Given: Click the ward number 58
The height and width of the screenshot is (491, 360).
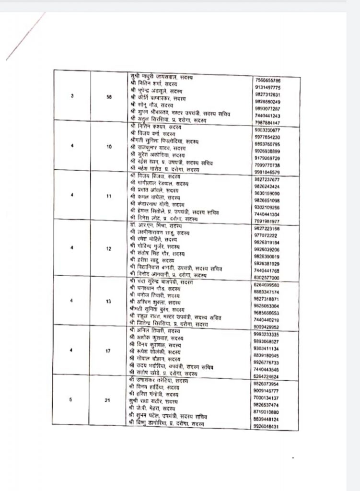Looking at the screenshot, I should [x=109, y=96].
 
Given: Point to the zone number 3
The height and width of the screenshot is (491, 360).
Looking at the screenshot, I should [x=71, y=96].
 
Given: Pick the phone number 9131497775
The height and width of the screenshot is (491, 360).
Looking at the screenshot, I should [x=268, y=88].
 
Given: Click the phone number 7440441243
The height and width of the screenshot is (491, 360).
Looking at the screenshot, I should [x=268, y=116].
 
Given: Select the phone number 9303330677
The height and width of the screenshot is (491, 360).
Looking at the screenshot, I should [x=268, y=130].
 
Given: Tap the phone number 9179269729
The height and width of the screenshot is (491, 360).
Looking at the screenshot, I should [x=268, y=158].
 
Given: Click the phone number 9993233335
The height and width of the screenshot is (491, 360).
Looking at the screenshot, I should [x=268, y=334].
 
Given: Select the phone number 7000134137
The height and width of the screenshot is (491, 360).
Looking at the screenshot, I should [x=268, y=397].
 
